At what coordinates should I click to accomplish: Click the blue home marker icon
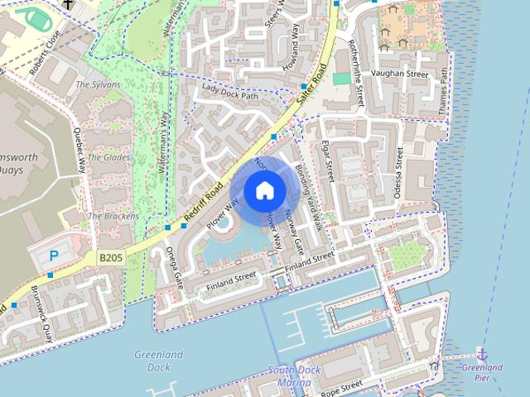coord(264,191)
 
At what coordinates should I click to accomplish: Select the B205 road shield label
coord(110,258)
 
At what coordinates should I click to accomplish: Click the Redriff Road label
coord(204,203)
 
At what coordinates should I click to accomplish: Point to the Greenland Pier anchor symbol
coord(482,354)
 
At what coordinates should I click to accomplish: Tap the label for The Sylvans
coord(98,84)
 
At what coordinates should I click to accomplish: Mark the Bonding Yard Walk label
coord(306,192)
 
